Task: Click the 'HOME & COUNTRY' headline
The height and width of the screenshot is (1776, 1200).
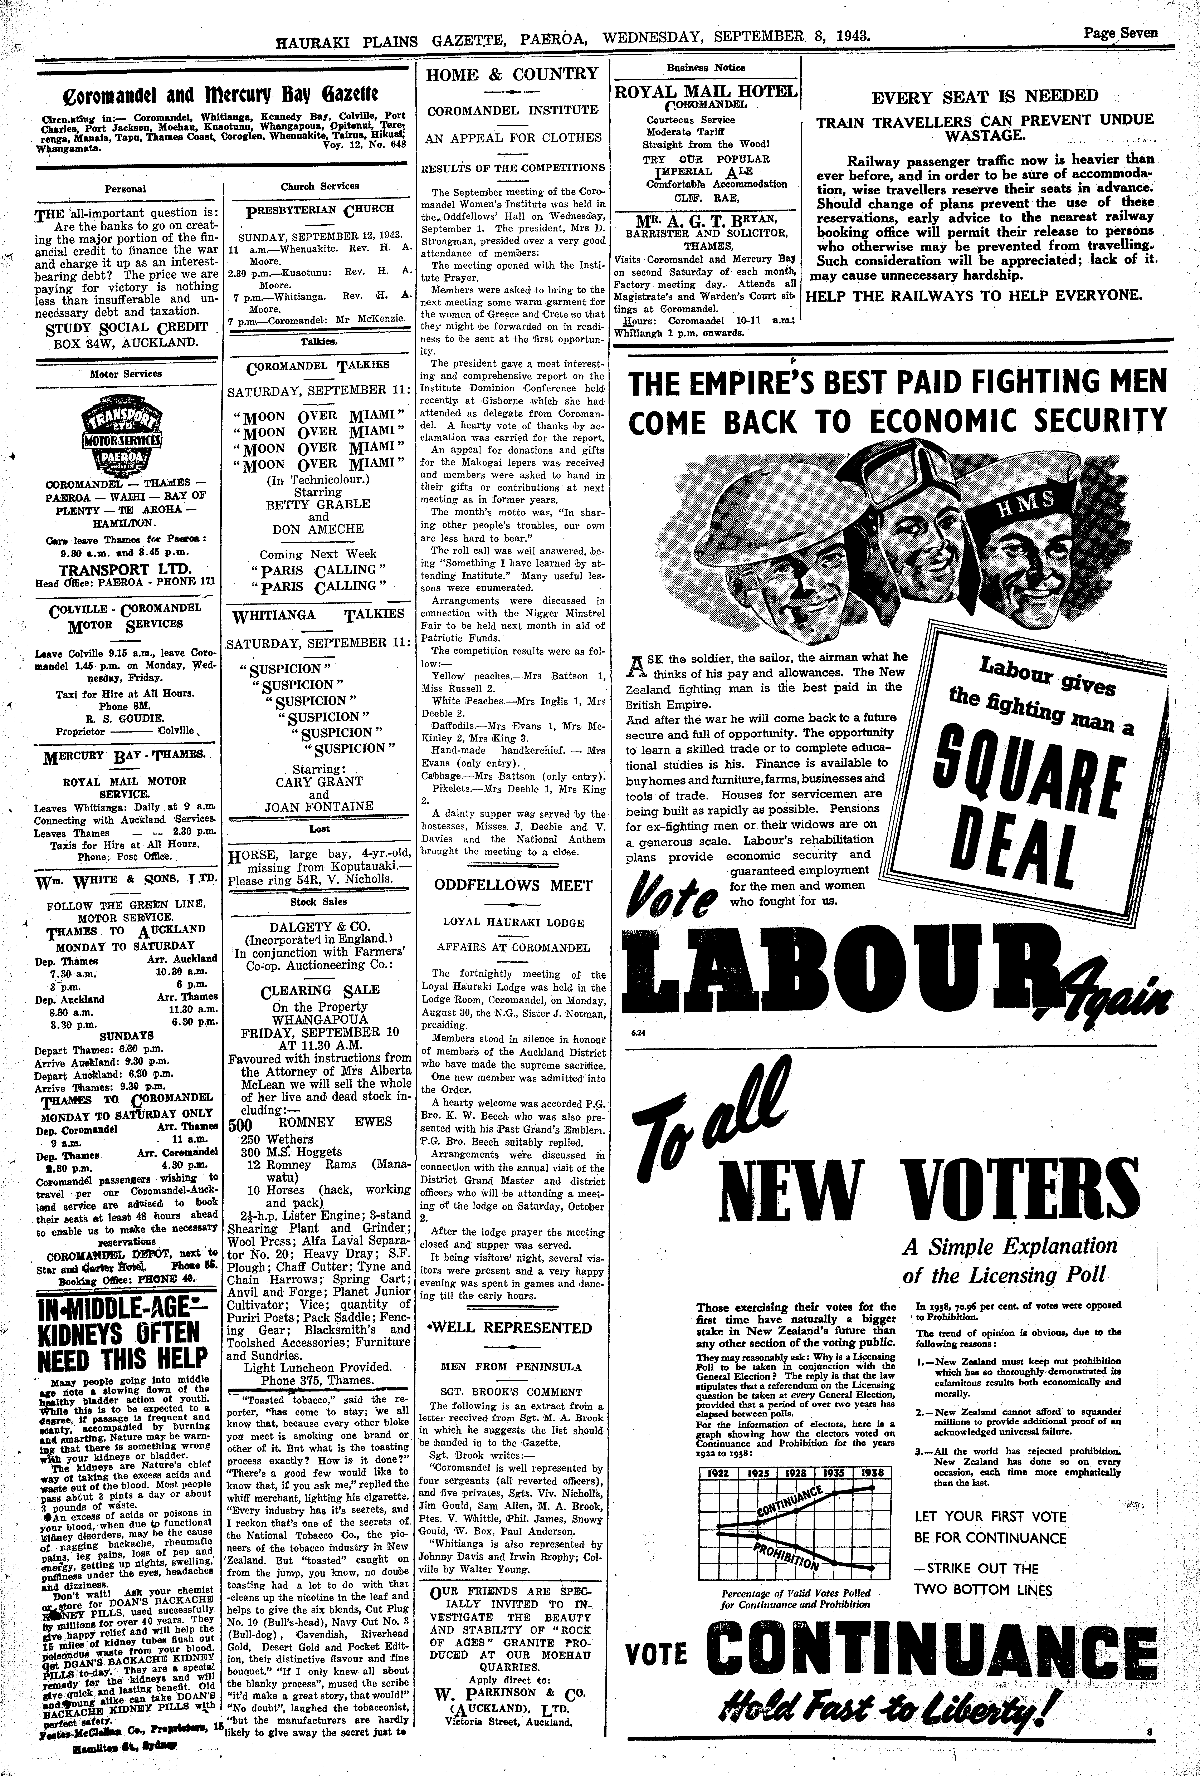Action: (512, 74)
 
